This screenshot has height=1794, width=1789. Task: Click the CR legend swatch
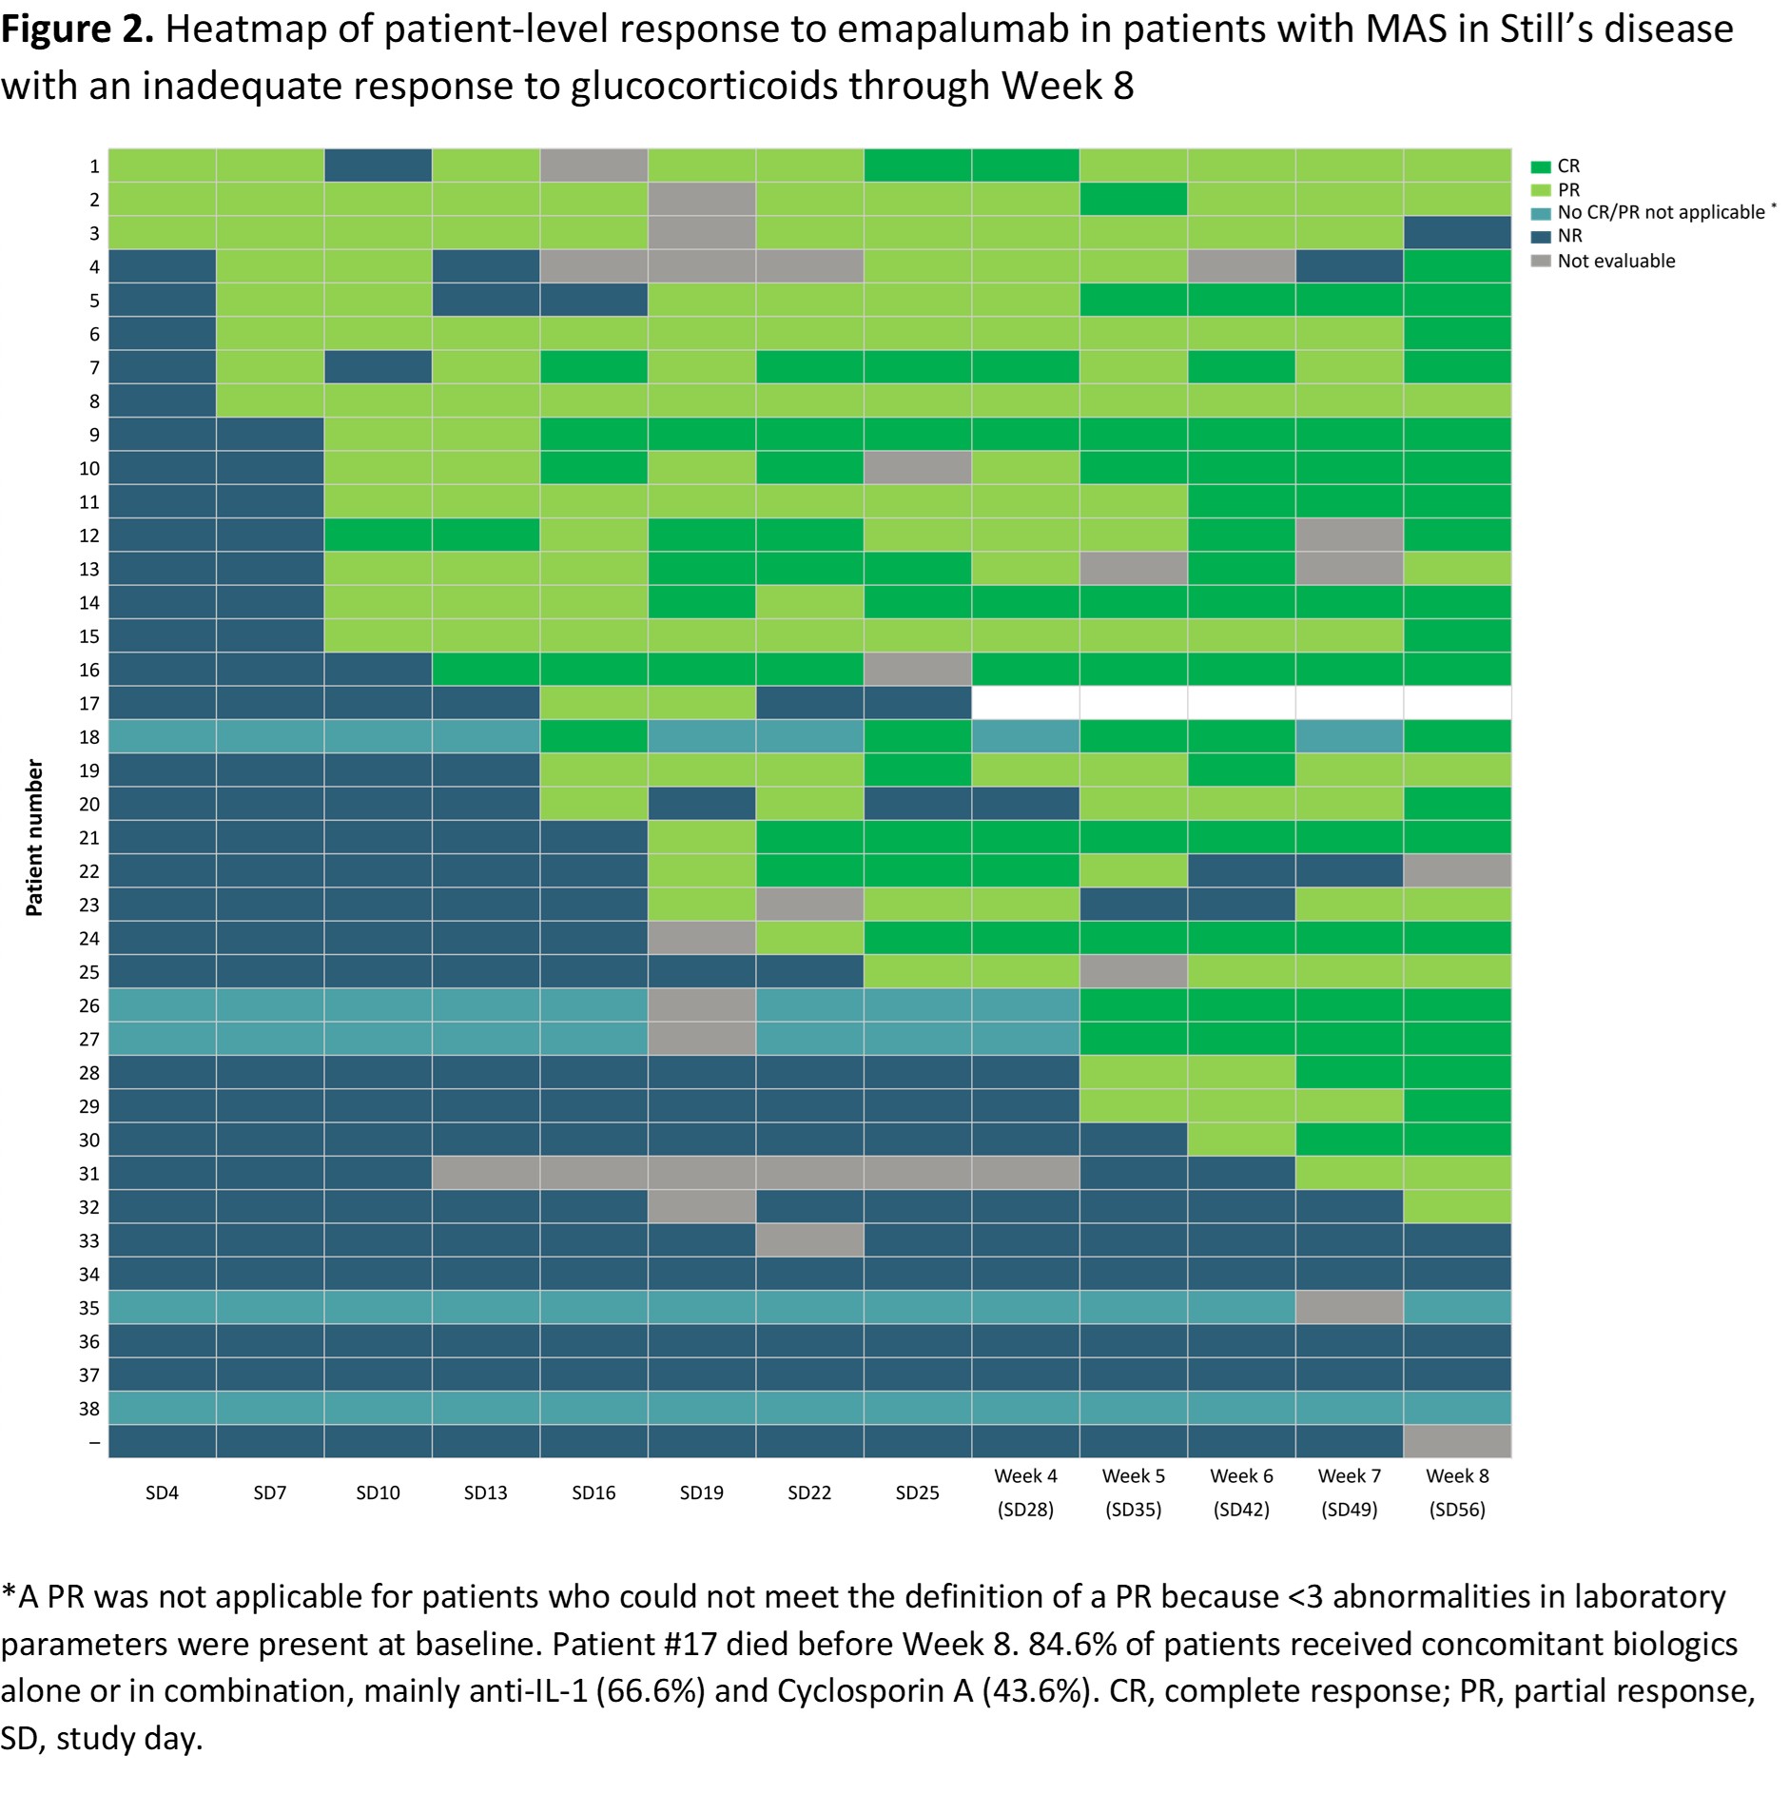1541,167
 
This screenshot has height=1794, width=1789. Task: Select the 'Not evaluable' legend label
1616,261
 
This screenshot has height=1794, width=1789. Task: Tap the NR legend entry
1569,236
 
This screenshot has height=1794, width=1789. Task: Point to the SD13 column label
485,1492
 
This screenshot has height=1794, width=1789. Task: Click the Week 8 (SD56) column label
1457,1492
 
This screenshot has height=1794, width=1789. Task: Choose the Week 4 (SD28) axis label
1025,1492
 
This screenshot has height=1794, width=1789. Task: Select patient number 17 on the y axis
89,704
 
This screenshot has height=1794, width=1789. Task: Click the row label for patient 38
89,1409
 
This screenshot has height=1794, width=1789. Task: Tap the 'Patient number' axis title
34,837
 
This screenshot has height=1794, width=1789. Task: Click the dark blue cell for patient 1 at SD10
378,166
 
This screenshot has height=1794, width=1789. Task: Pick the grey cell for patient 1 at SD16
593,166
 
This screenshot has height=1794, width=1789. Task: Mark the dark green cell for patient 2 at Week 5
1133,199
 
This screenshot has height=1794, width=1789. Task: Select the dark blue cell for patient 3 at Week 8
1457,233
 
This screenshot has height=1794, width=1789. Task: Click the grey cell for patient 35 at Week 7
1349,1307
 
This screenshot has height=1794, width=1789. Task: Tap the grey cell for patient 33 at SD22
809,1240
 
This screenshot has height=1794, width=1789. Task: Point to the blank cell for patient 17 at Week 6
1241,703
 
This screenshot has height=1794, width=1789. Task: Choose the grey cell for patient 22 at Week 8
1457,870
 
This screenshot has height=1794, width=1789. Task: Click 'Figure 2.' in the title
76,30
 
